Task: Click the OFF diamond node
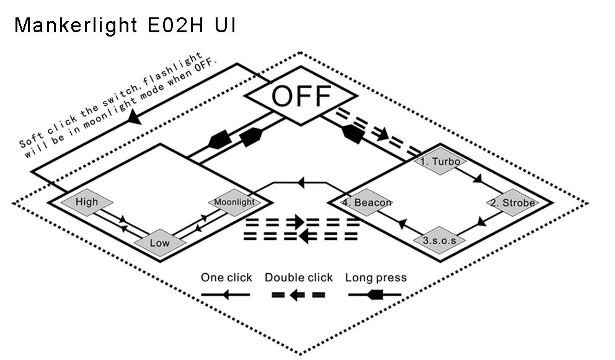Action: tap(301, 97)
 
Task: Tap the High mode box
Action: tap(87, 202)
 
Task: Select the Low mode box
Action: tap(159, 243)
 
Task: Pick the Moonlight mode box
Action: tap(234, 203)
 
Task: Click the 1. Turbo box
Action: tap(440, 162)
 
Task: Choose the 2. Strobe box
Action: tap(512, 203)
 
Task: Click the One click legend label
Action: tap(226, 278)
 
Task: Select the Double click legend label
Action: tap(299, 278)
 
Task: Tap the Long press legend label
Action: tap(376, 278)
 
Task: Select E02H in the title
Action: tap(180, 25)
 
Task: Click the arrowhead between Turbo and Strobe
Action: tap(477, 180)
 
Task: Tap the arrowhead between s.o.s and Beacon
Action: tap(402, 221)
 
